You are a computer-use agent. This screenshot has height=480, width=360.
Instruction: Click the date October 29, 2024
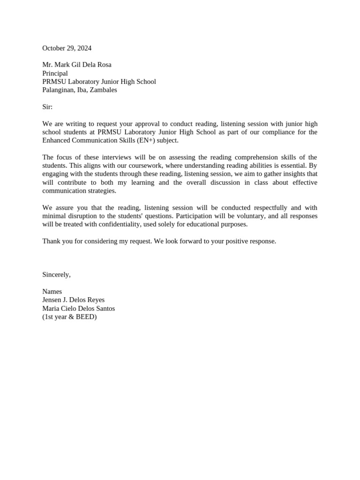[67, 48]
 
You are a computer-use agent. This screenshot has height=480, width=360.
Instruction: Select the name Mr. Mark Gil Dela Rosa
[77, 65]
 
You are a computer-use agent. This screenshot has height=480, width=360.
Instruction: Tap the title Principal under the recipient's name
[55, 73]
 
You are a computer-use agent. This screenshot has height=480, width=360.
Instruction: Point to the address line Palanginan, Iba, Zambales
[80, 90]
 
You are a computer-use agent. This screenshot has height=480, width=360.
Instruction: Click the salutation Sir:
[47, 107]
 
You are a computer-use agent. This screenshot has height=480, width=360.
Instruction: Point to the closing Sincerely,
[56, 275]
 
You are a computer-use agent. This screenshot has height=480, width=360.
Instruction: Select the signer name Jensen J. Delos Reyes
[73, 300]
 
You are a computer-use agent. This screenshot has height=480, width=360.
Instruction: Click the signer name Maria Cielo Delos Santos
[78, 308]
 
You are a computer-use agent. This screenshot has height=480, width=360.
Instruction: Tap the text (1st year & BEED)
[69, 317]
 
